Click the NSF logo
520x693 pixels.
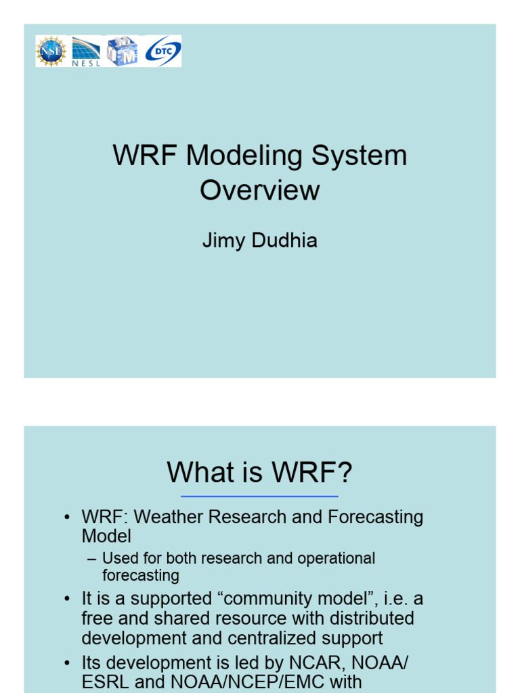pos(51,51)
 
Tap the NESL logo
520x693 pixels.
pos(86,51)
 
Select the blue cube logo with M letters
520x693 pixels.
pos(123,51)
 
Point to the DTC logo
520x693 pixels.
pos(163,51)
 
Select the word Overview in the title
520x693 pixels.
pos(259,190)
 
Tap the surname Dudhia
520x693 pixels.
pos(284,241)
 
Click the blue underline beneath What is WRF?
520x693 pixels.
pos(259,497)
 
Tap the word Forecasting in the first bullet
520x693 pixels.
pos(375,518)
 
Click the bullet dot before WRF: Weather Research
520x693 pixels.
pos(67,518)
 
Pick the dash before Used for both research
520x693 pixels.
pos(92,559)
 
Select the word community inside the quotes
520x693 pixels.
pos(254,600)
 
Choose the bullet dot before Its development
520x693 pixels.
pos(67,663)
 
